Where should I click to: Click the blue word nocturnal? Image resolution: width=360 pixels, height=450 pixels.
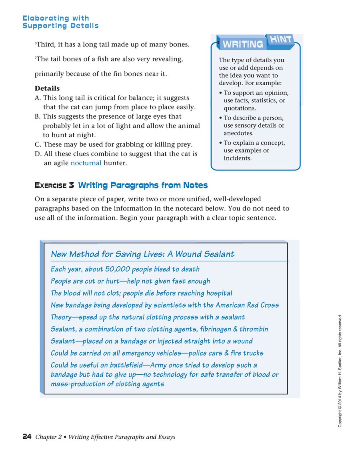click(x=86, y=163)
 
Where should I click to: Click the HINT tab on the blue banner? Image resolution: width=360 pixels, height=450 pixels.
click(x=280, y=40)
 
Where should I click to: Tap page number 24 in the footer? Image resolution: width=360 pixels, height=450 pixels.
click(x=27, y=437)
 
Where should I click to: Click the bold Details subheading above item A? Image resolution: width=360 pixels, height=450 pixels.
click(x=47, y=88)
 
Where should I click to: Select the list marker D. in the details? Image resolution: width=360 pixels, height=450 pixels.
click(x=38, y=154)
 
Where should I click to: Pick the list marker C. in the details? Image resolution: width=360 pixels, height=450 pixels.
click(x=38, y=144)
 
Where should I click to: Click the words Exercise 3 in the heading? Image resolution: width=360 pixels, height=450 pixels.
click(x=54, y=185)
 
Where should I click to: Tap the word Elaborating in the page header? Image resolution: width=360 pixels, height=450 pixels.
click(x=46, y=18)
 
